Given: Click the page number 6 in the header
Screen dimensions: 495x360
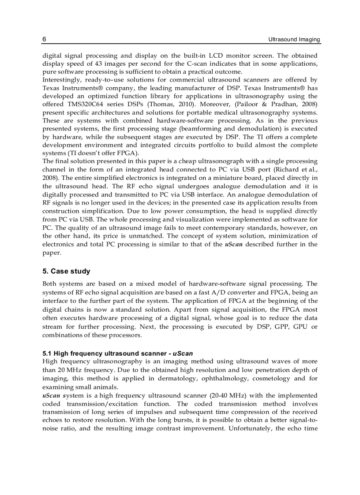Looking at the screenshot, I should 44,39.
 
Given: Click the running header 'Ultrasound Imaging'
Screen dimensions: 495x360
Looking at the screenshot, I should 294,39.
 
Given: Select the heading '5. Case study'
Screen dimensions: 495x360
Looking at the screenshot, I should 66,271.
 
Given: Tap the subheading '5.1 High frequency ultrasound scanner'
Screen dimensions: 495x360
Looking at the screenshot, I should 106,354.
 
